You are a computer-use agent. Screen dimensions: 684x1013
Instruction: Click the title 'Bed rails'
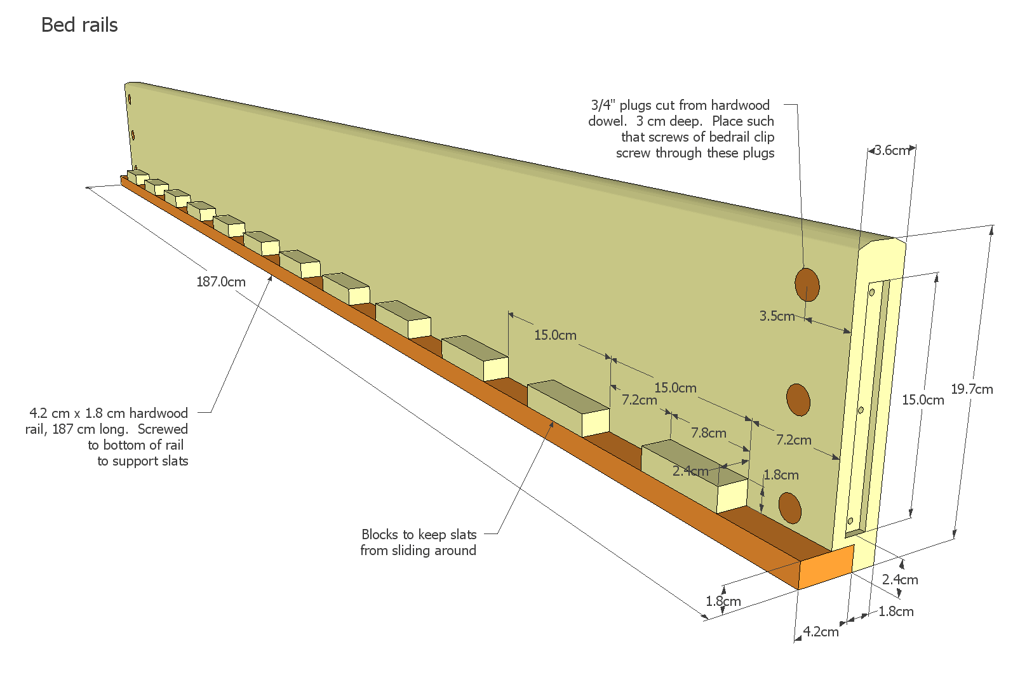[x=79, y=25]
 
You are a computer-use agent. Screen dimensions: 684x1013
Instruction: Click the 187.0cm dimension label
[x=220, y=281]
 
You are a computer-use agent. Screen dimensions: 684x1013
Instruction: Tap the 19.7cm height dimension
[x=972, y=389]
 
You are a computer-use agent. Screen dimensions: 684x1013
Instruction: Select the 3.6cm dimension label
[x=892, y=151]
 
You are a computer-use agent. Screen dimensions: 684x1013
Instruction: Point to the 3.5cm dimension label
[x=777, y=316]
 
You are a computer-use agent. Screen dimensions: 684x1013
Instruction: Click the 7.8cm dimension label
[x=709, y=433]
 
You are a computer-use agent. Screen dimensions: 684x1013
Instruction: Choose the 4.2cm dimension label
[x=821, y=631]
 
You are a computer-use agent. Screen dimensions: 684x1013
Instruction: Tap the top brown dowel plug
[x=807, y=284]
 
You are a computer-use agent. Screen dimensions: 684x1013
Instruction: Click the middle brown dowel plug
[x=798, y=399]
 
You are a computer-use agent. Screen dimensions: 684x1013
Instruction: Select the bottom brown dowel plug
[x=790, y=507]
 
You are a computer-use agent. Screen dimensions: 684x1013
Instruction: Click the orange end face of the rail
[x=826, y=567]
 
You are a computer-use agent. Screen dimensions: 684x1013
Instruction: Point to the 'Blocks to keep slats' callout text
[x=419, y=534]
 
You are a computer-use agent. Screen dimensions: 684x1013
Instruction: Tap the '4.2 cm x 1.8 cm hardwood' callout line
[x=109, y=413]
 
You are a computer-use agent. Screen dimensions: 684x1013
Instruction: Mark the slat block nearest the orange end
[x=695, y=475]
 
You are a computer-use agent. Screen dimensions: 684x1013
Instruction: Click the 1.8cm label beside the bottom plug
[x=781, y=475]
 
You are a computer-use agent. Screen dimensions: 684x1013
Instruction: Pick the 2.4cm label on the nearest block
[x=690, y=471]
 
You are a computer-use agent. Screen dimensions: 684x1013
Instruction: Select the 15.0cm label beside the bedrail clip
[x=923, y=399]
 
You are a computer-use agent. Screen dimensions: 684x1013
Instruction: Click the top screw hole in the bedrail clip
[x=872, y=293]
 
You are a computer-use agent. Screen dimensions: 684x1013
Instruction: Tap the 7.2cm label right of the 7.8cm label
[x=793, y=439]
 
